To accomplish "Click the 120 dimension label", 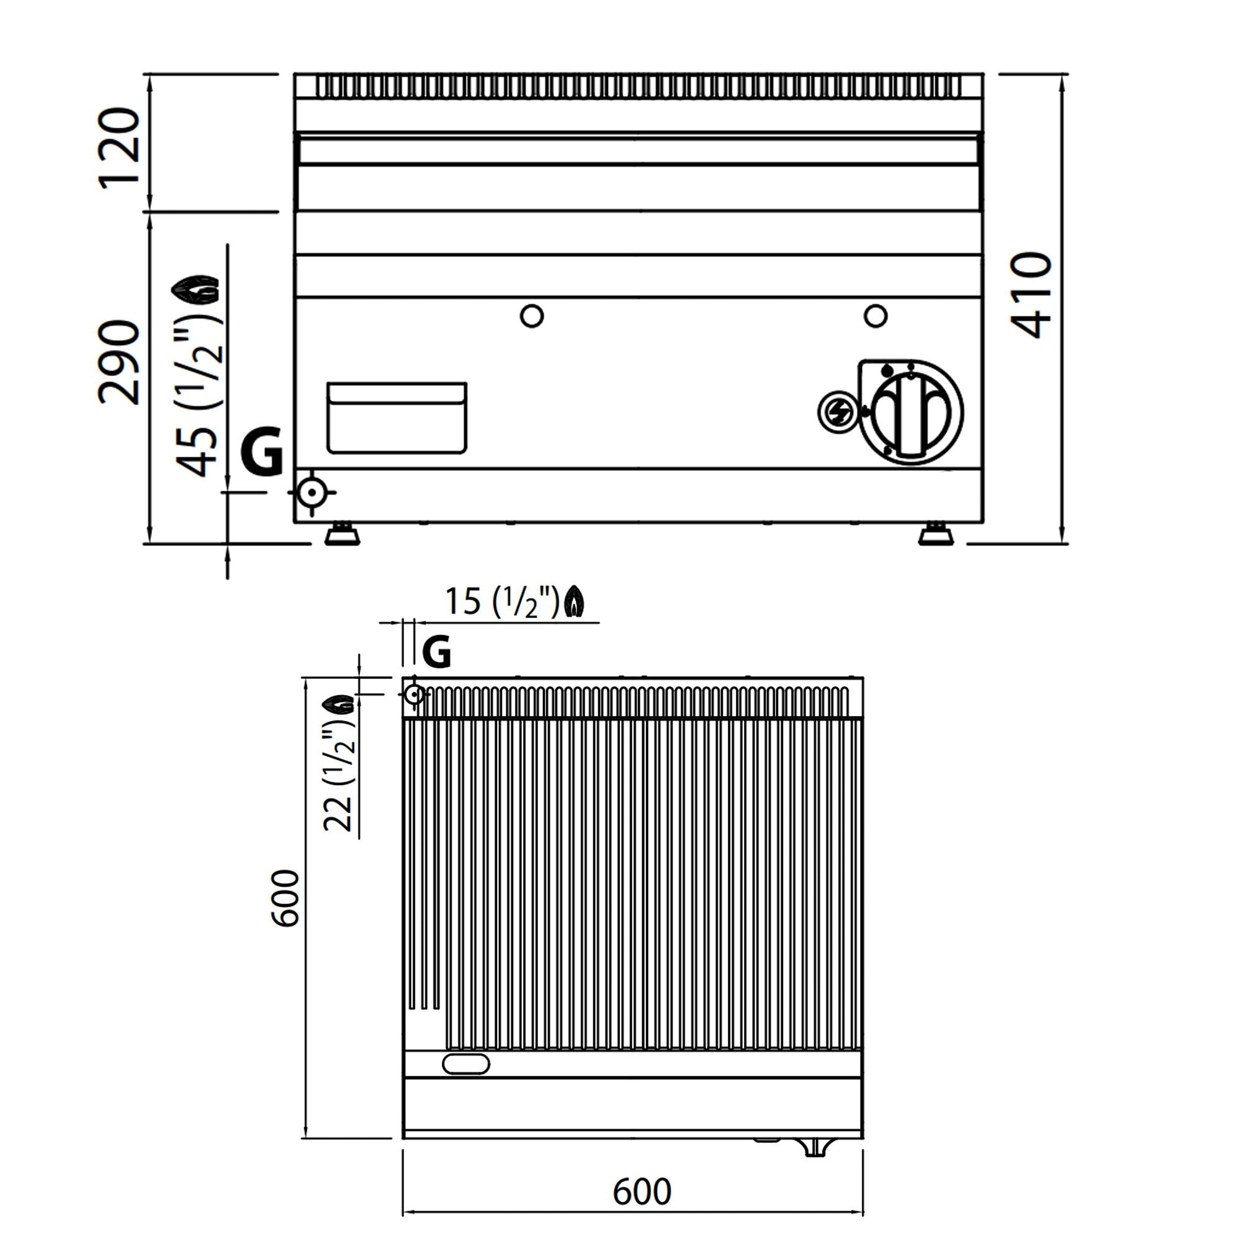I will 119,148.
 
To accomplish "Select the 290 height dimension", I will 119,363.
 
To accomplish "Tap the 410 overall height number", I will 1031,295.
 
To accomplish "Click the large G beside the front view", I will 262,451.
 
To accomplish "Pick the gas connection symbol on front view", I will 312,493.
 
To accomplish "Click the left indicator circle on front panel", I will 532,315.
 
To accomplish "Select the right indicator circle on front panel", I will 876,315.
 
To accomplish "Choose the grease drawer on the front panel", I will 397,418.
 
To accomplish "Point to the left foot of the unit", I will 342,534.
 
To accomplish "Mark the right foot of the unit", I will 936,534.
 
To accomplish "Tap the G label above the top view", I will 437,653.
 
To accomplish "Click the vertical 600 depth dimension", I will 285,899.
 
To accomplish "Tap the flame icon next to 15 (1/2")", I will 574,603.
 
